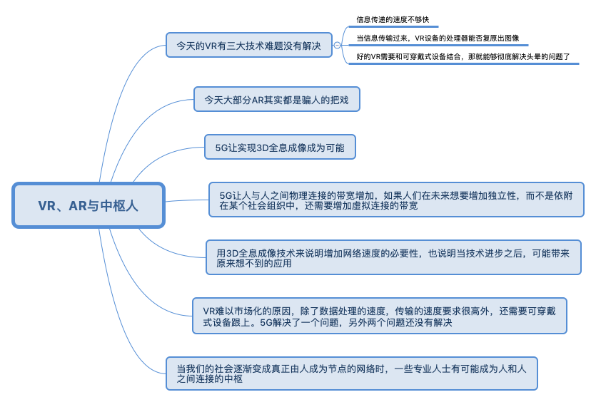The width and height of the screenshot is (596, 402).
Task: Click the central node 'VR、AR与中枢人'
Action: click(89, 205)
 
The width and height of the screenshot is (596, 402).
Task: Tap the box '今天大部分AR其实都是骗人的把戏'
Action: click(276, 99)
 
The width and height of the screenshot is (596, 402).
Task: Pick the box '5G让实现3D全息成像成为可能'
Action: click(280, 148)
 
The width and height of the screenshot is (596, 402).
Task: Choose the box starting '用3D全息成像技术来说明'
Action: click(393, 257)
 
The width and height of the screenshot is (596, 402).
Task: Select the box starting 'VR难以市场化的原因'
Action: click(380, 316)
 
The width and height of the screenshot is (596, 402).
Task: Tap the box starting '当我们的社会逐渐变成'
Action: click(351, 373)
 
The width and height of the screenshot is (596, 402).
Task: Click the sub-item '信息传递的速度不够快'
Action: click(393, 20)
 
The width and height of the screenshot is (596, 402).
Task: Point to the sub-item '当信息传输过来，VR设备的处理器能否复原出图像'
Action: click(438, 38)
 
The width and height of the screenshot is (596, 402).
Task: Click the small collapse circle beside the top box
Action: click(337, 45)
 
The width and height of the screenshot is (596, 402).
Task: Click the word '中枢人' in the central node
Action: click(120, 205)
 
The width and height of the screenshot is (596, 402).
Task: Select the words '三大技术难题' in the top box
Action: click(248, 45)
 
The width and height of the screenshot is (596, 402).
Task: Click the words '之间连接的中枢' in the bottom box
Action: click(210, 379)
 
